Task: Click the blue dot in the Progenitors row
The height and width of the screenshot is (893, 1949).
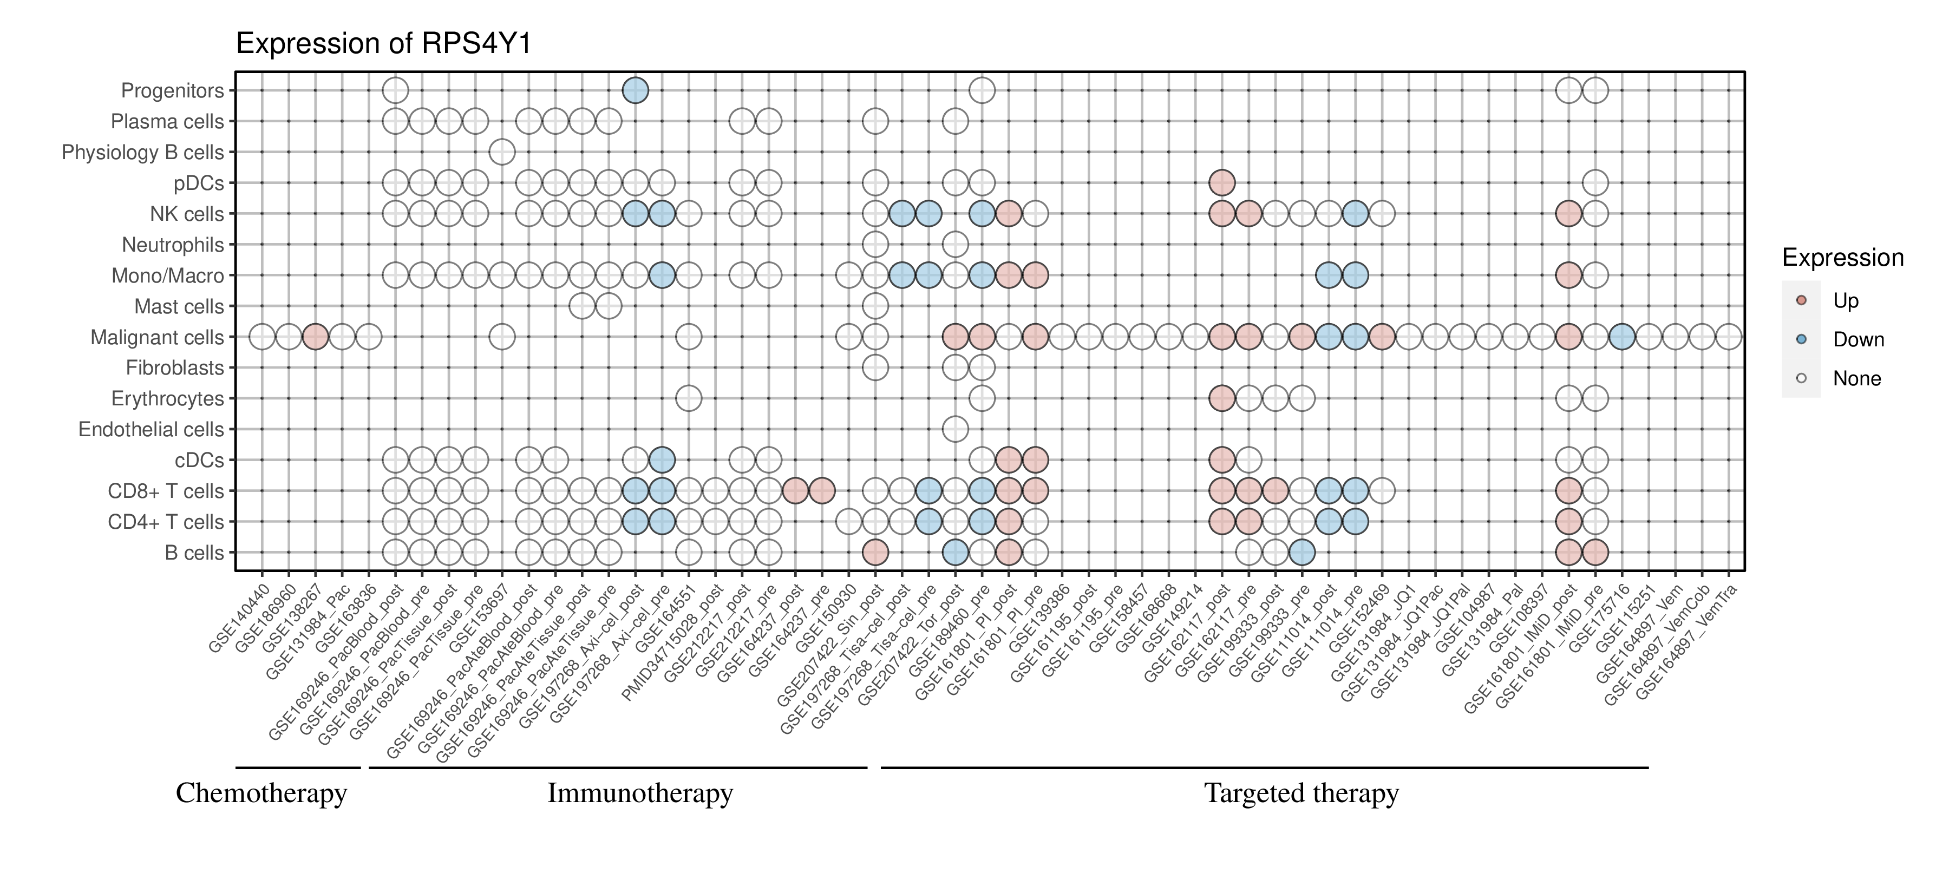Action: point(635,91)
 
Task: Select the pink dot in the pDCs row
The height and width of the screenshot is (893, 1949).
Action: point(1222,183)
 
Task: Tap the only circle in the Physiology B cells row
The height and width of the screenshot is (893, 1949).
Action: point(502,152)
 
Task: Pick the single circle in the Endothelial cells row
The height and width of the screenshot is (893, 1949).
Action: point(955,430)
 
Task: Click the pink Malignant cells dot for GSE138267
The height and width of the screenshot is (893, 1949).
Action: point(315,337)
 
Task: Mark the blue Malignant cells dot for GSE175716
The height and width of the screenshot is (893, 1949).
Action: point(1621,337)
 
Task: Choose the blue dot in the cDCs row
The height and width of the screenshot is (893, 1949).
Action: point(661,459)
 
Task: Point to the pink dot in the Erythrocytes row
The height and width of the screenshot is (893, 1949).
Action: point(1222,398)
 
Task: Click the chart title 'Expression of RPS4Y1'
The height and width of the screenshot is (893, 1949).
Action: point(384,44)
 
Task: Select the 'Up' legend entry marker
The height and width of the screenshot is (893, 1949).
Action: point(1801,300)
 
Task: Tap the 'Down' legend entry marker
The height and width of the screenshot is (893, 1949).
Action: point(1801,339)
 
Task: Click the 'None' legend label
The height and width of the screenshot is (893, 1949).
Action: point(1857,379)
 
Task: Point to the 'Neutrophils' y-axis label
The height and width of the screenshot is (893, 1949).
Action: point(173,245)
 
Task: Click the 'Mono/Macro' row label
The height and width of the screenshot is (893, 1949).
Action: point(167,276)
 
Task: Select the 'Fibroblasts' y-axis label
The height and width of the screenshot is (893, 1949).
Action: point(175,368)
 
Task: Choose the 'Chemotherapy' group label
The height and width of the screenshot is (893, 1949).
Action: point(261,793)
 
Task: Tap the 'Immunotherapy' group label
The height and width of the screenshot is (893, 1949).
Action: point(640,793)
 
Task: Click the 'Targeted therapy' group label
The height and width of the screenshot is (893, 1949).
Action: point(1301,793)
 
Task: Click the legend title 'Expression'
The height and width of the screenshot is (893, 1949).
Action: point(1842,258)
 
